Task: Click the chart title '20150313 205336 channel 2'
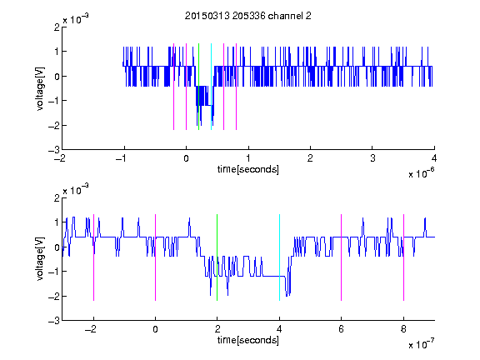(248, 16)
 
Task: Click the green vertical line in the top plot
(198, 87)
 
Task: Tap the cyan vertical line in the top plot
(211, 87)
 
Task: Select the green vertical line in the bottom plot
(217, 257)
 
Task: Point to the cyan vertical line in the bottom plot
(279, 257)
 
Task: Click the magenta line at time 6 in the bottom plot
(342, 257)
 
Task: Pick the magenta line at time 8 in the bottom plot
(404, 257)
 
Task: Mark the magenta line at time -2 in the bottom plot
(93, 257)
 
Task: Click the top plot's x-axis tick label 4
(434, 158)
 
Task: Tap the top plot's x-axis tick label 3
(372, 158)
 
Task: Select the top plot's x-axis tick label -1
(122, 158)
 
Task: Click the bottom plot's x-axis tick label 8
(404, 329)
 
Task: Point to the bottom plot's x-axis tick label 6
(342, 329)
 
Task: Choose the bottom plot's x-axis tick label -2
(91, 329)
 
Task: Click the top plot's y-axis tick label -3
(54, 150)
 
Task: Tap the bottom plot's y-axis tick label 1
(57, 222)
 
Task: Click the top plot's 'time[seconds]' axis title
(248, 169)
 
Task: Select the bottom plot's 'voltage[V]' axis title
(40, 259)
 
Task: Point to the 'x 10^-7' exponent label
(421, 344)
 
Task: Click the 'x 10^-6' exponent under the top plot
(421, 173)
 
